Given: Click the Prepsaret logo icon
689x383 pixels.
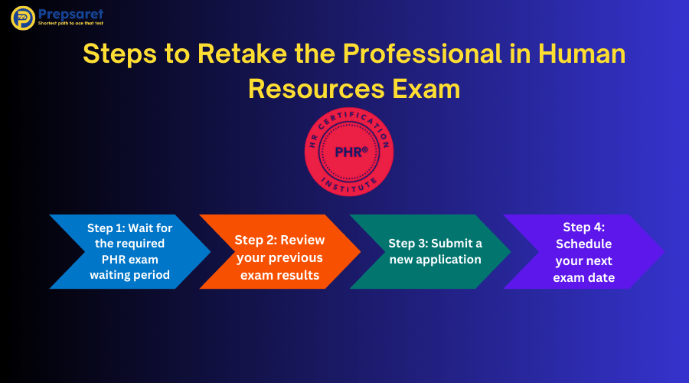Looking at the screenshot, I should point(22,18).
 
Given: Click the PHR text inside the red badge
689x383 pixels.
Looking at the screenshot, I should point(351,152).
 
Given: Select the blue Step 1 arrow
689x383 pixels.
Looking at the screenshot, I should point(122,251).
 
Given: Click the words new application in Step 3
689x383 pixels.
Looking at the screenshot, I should point(435,260).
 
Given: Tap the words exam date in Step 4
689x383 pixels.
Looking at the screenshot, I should point(584,277).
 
